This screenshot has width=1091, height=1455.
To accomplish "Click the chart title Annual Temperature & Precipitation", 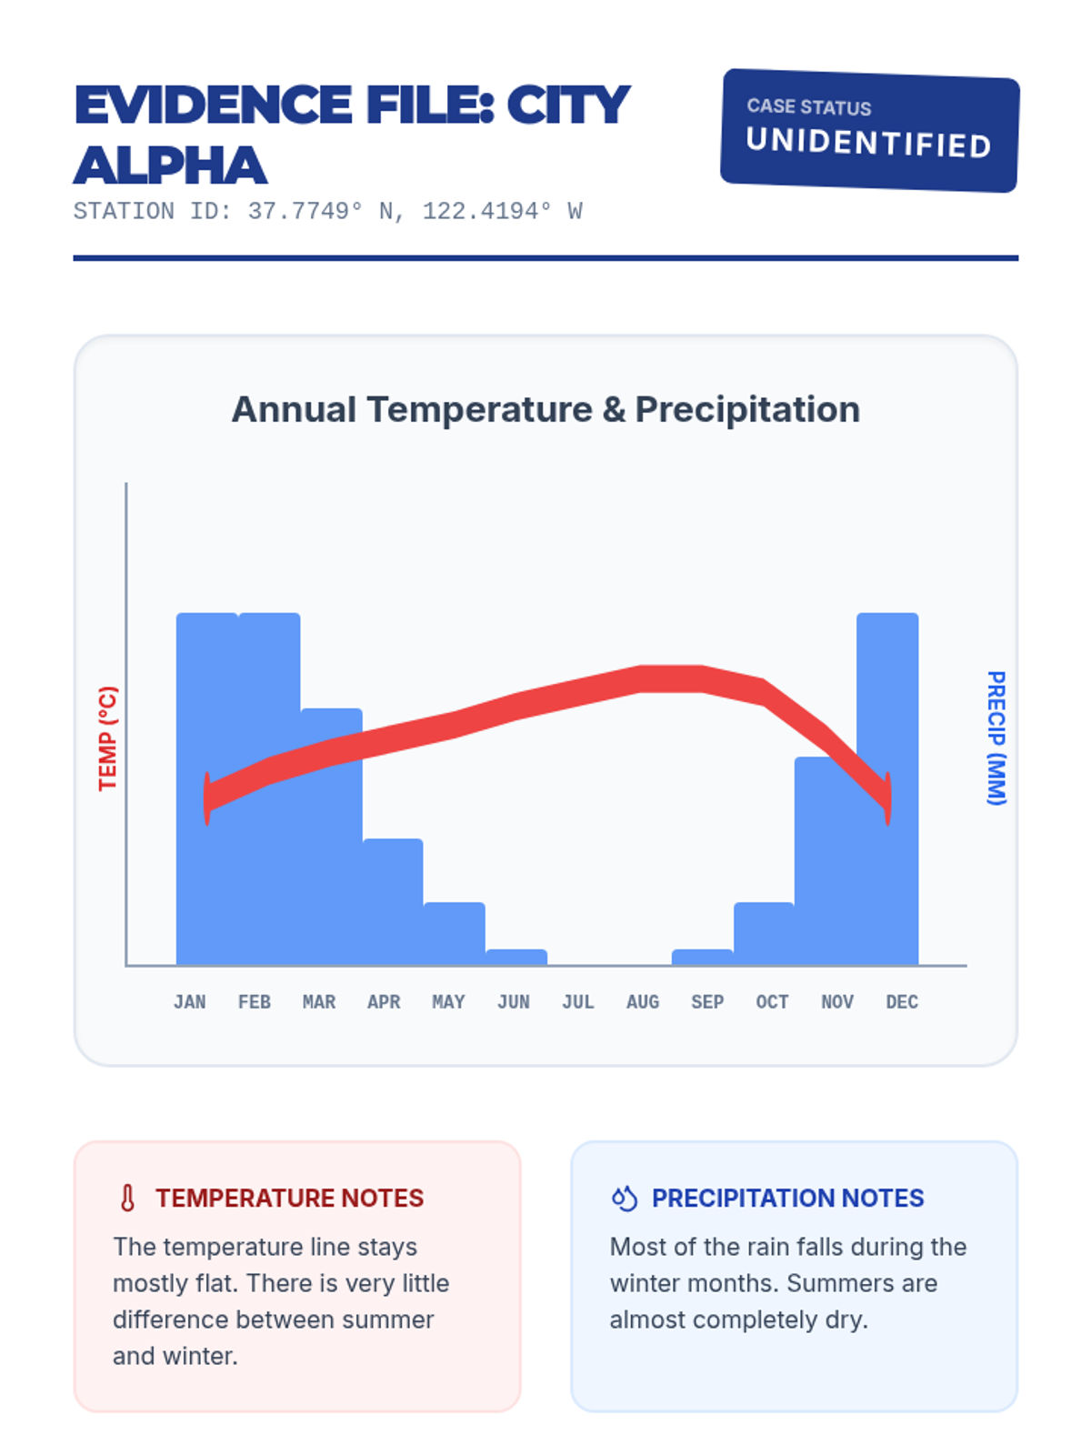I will click(x=545, y=409).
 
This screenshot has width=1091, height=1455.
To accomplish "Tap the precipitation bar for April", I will click(x=393, y=900).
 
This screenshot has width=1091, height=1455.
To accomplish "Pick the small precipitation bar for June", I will click(x=516, y=957).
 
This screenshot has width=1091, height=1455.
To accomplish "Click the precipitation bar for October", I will click(x=764, y=933).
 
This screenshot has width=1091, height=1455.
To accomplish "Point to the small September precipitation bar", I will click(x=702, y=957).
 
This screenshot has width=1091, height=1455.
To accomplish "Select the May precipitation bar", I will click(x=455, y=933).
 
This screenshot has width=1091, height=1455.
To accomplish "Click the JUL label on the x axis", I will click(x=578, y=1001).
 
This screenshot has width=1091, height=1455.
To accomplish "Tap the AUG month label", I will click(x=643, y=1001).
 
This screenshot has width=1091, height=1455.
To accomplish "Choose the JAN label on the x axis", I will click(x=189, y=1001).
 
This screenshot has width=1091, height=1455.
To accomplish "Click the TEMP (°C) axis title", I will click(x=107, y=738).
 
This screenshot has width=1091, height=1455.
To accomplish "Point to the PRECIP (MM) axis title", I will click(x=996, y=738).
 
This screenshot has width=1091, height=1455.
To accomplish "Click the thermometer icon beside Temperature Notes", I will click(x=128, y=1198).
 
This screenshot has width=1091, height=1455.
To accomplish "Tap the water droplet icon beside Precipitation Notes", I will click(x=625, y=1198).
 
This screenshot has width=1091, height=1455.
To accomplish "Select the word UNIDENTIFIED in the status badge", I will click(x=868, y=143).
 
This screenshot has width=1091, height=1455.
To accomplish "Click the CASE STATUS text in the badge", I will click(x=809, y=106).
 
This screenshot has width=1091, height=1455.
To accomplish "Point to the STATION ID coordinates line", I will click(x=327, y=212).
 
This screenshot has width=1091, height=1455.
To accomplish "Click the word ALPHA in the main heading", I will click(x=170, y=166).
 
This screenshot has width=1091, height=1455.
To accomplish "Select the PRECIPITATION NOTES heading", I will click(x=787, y=1198).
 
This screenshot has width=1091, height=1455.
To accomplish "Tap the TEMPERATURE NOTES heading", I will click(x=289, y=1198).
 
